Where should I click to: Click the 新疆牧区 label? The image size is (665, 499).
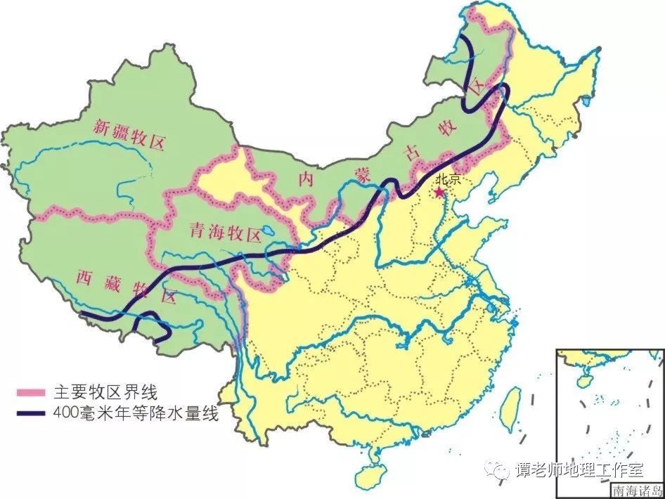click(x=129, y=135)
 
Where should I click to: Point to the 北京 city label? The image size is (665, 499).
click(x=447, y=179)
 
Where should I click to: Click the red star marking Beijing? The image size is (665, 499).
click(x=439, y=191)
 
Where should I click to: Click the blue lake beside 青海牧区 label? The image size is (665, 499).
click(x=268, y=230)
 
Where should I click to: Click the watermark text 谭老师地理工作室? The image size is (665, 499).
click(x=581, y=469)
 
